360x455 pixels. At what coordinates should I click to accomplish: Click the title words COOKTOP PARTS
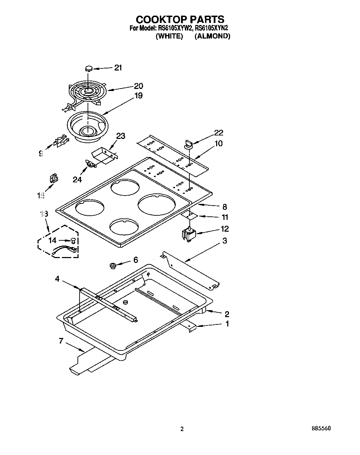tap(180, 19)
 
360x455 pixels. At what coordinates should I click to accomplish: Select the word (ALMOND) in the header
tap(212, 36)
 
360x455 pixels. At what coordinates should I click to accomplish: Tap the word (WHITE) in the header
tap(169, 36)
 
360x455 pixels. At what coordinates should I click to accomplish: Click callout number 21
tap(118, 68)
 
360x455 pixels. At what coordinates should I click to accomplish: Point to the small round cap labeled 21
tap(89, 68)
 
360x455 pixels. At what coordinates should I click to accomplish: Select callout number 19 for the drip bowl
tap(138, 96)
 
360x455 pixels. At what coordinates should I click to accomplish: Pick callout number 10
tap(219, 143)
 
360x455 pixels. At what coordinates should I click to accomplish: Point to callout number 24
tap(77, 180)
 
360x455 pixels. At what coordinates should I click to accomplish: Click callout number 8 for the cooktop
tap(224, 207)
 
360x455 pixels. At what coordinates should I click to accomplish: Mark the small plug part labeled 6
tap(113, 266)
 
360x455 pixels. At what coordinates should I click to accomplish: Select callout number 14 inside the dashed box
tap(52, 240)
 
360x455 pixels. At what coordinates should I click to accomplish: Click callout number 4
tap(57, 279)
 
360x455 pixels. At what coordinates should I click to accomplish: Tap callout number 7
tap(61, 341)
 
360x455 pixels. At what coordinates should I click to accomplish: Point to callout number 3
tap(225, 240)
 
